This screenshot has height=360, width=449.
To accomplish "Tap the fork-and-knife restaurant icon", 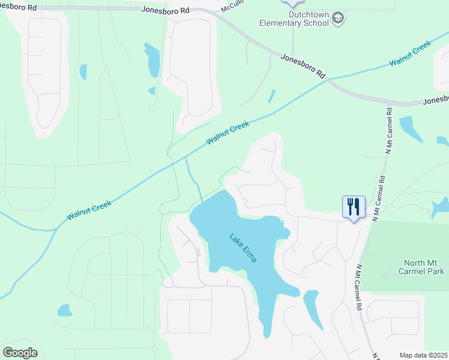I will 352,208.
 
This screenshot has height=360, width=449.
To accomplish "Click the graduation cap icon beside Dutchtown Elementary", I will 338,18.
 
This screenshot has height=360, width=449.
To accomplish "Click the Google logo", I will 20,353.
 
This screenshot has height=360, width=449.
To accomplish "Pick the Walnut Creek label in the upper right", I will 410,53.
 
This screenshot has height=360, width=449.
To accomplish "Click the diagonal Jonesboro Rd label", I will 303,65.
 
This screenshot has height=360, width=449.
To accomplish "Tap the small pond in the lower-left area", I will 64,310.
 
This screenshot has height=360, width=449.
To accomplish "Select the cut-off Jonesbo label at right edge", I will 436,100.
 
